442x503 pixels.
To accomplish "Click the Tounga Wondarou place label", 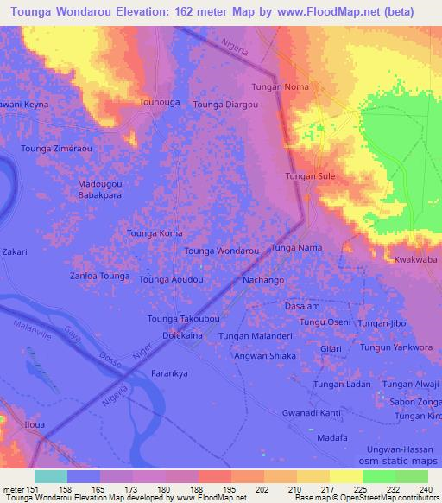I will [222, 251].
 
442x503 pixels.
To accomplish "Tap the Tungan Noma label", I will [280, 87].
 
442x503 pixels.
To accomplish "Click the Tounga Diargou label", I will [225, 105].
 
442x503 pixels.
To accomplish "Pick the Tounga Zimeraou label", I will [56, 149].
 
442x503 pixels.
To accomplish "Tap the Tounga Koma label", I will [155, 233].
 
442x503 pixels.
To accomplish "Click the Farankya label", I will [170, 374].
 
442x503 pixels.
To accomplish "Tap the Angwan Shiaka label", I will [265, 355].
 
